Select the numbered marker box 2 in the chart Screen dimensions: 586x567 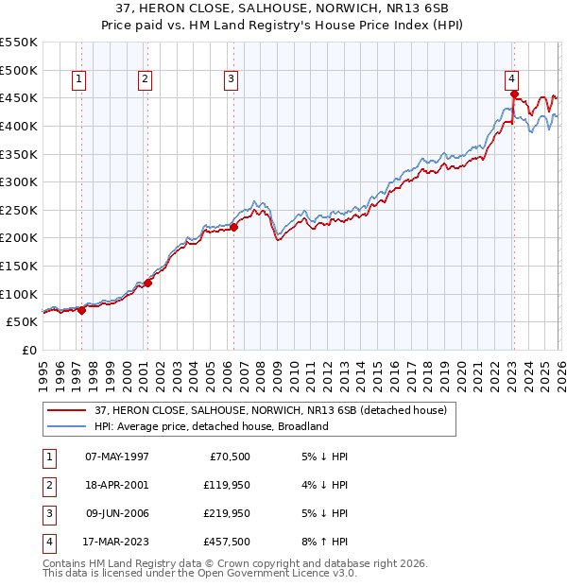click(x=145, y=80)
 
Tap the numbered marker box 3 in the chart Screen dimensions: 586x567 click(x=231, y=80)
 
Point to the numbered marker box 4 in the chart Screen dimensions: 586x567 click(x=510, y=80)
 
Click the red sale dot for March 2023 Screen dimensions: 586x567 click(x=514, y=94)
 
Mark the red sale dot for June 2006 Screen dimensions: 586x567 click(x=234, y=227)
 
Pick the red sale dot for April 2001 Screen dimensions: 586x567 click(x=147, y=283)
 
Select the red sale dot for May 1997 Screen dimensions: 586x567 click(x=81, y=310)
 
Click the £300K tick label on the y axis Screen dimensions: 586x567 click(x=19, y=181)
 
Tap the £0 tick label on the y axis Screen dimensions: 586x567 click(x=30, y=350)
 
